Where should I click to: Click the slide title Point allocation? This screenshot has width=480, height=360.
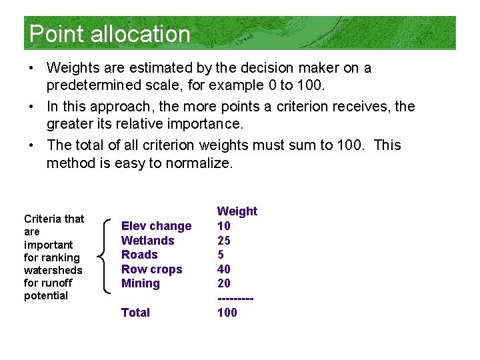tap(110, 34)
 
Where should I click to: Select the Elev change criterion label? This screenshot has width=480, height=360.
tap(156, 226)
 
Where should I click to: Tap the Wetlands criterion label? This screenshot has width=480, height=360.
tap(147, 241)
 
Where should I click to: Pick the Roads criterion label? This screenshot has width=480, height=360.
tap(139, 255)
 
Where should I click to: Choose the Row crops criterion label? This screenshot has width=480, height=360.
tap(151, 269)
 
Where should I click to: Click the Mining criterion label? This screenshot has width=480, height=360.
tap(140, 283)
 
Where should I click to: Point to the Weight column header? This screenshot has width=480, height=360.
tap(237, 211)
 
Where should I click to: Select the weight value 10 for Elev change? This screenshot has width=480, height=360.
tap(224, 226)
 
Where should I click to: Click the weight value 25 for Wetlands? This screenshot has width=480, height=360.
tap(224, 241)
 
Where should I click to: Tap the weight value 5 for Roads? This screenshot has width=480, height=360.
tap(221, 255)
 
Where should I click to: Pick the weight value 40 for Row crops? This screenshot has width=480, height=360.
tap(224, 269)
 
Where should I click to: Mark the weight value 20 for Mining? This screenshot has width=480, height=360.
tap(224, 283)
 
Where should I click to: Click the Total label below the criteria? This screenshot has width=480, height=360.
tap(135, 313)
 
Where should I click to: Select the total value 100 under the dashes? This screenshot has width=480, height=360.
tap(227, 313)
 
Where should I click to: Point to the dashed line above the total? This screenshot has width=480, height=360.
tap(235, 298)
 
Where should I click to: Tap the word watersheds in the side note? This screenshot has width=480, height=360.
tap(53, 270)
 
